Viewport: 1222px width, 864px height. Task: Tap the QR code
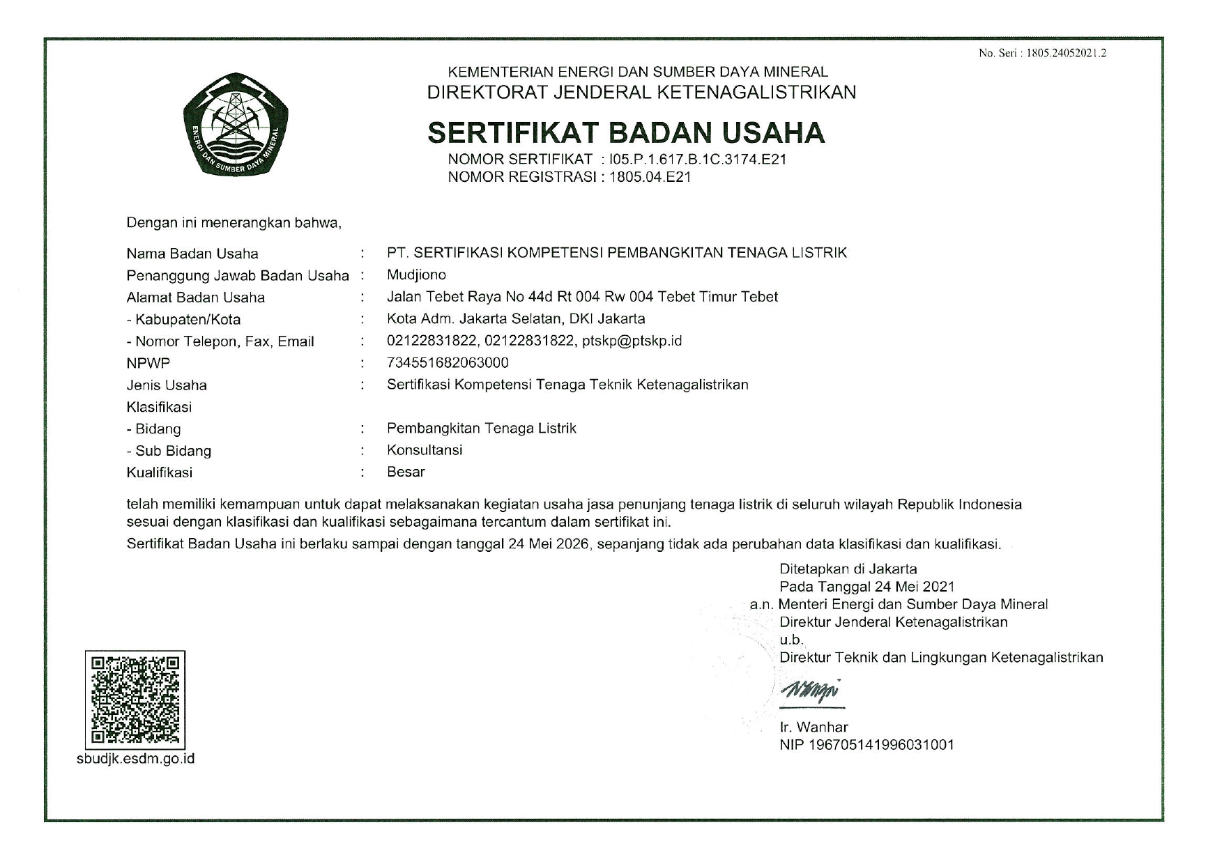tap(135, 700)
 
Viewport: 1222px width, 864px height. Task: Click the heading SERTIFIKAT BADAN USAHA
tap(625, 132)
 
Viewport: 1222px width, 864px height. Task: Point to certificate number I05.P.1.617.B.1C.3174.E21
tap(697, 159)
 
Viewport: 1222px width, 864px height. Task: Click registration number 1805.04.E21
tap(650, 177)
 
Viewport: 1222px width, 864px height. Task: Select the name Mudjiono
tap(416, 275)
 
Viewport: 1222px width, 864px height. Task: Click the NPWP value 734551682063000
tap(448, 362)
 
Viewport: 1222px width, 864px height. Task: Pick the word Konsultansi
tap(425, 450)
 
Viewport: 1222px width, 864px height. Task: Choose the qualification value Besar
tap(406, 472)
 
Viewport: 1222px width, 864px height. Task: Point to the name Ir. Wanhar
tap(814, 727)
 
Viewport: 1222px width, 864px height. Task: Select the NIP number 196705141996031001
tap(881, 745)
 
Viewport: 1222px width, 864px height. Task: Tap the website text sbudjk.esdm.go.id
tap(135, 759)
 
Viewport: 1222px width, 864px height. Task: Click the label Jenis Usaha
tap(167, 385)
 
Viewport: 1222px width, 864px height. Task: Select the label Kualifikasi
tap(159, 472)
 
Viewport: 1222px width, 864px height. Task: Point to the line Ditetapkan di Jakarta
tap(848, 569)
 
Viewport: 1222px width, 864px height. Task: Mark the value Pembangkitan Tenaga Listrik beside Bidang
tap(481, 428)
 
